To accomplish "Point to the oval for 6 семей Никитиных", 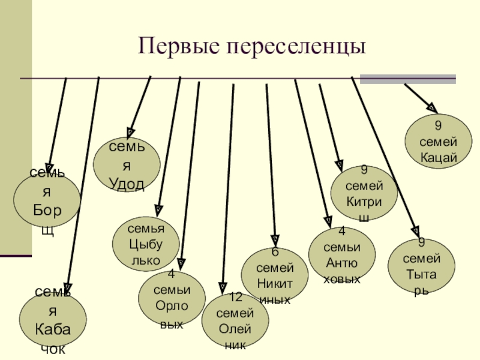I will point(274,275).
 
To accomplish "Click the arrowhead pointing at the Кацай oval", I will point(431,107).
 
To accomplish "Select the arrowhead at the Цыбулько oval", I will point(158,209).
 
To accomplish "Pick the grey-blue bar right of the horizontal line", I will point(407,79).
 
